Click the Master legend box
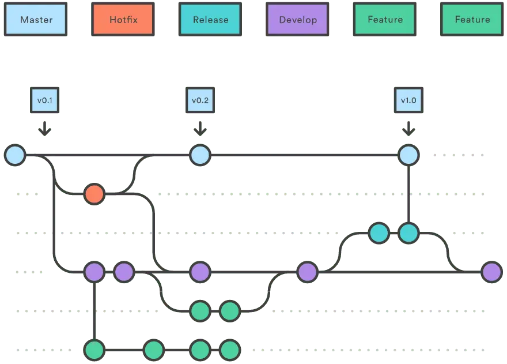(x=36, y=20)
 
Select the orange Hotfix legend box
(x=123, y=20)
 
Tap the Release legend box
(x=210, y=20)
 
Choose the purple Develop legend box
(x=298, y=20)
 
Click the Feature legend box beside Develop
(x=385, y=20)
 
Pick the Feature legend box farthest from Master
(x=472, y=20)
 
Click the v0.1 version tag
(x=45, y=100)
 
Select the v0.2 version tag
(x=199, y=100)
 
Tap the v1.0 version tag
(x=408, y=100)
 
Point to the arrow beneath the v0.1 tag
(x=45, y=129)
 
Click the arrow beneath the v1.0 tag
(x=408, y=129)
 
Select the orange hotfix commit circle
(x=94, y=194)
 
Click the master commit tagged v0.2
(x=200, y=155)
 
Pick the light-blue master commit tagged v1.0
(x=408, y=155)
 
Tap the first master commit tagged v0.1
(x=15, y=155)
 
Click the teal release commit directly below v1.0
(x=408, y=233)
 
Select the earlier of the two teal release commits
(x=379, y=233)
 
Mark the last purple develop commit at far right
(x=491, y=272)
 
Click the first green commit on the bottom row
(x=94, y=350)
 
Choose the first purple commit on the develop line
(x=94, y=272)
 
